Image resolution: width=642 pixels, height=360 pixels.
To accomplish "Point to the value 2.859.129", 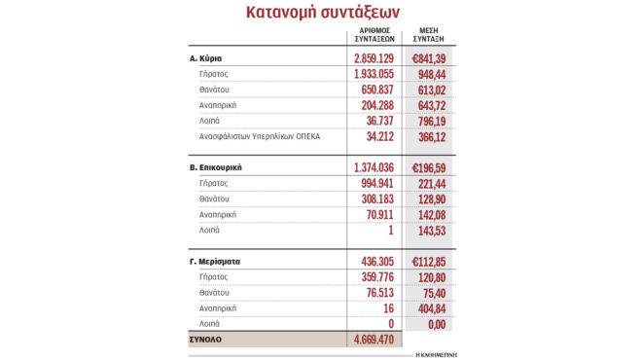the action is click(x=374, y=59).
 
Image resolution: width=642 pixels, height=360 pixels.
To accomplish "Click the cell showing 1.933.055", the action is click(x=374, y=74).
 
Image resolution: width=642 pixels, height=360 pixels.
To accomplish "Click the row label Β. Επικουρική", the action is click(x=215, y=166).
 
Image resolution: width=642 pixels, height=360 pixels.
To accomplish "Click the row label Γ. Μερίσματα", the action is click(x=215, y=261).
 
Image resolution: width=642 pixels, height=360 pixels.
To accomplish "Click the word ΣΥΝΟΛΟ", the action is click(x=207, y=341).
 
